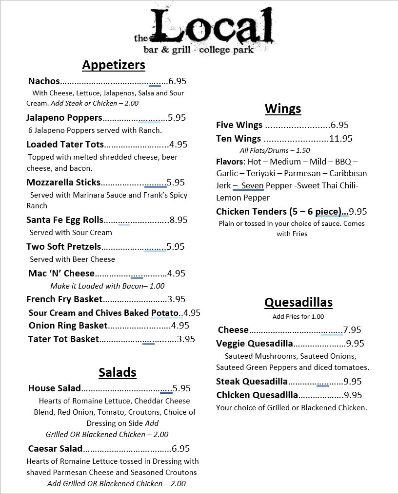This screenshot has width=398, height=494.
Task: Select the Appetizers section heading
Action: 114,65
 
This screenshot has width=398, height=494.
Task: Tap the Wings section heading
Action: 283,108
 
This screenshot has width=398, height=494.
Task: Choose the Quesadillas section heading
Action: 298,302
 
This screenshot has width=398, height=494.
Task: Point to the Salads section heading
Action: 117,372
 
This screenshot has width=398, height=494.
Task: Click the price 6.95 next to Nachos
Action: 178,81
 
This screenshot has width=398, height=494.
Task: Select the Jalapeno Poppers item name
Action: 64,117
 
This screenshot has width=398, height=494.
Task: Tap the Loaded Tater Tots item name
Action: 65,144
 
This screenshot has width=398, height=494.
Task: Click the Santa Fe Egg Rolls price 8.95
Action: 178,220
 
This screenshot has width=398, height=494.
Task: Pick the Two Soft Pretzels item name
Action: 63,247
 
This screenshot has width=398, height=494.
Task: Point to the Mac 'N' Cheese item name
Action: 61,274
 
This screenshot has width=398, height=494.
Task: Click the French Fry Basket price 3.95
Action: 177,299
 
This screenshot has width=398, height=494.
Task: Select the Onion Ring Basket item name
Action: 68,326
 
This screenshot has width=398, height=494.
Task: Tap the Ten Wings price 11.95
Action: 341,139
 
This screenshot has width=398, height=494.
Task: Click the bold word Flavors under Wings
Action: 229,162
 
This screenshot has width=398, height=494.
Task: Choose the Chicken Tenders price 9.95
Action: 358,212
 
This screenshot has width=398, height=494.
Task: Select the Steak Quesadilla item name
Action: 252,382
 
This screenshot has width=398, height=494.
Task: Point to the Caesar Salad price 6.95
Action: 180,449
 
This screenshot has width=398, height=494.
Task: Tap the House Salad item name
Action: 54,388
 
